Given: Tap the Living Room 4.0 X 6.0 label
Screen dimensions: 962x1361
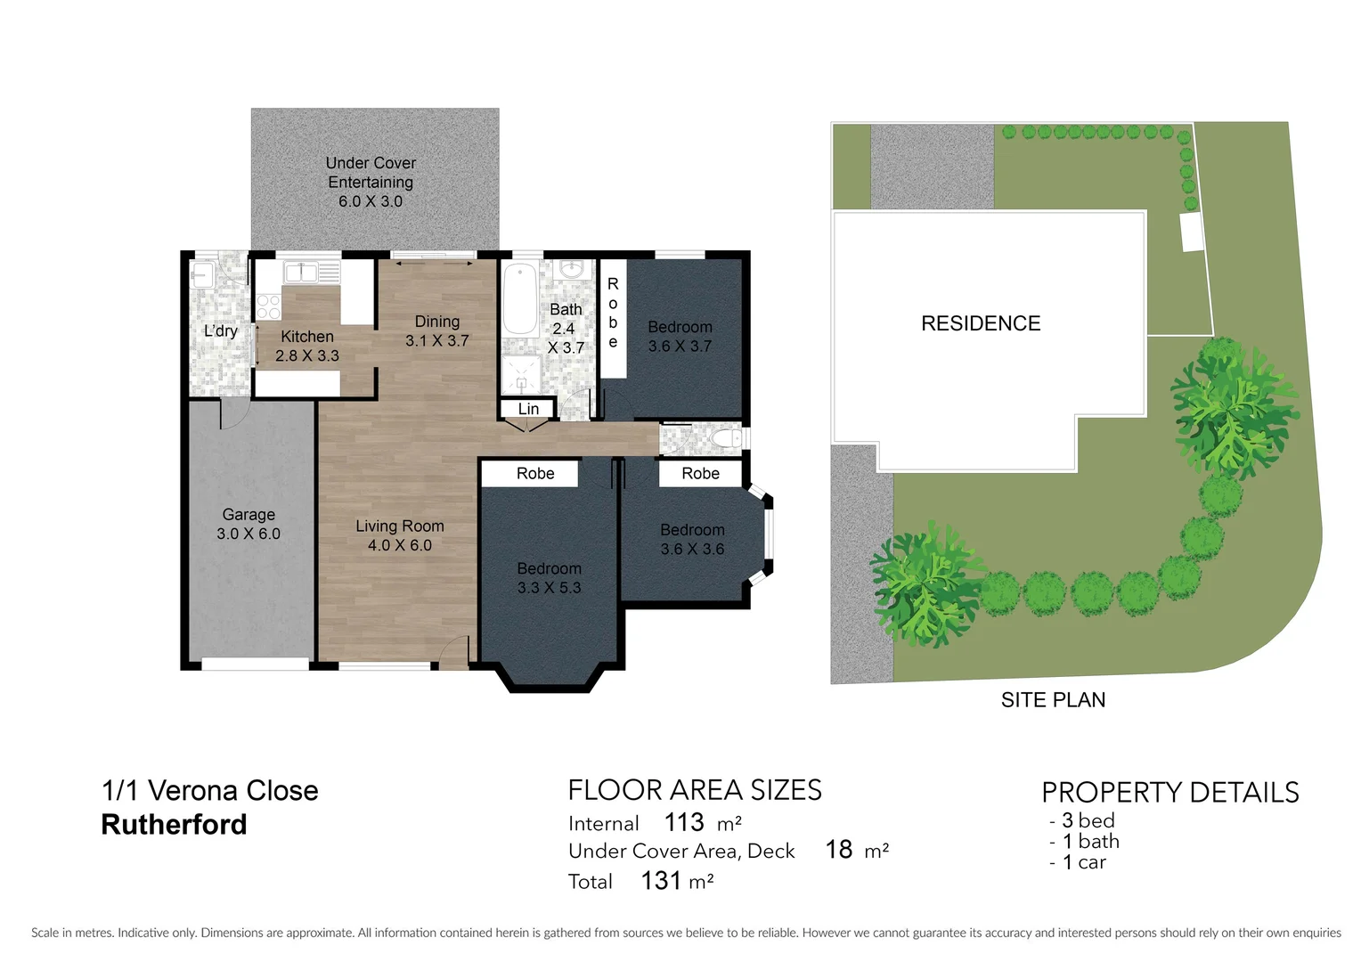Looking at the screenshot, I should pos(400,535).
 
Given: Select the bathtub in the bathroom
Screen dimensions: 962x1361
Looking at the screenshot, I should pos(520,298).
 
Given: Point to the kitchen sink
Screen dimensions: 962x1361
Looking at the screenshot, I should pos(300,272).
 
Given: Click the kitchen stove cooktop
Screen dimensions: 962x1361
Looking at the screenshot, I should pos(268,307).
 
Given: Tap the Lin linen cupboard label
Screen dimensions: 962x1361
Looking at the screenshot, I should pos(528,409).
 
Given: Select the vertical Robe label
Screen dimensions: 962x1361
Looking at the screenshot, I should pos(613,313).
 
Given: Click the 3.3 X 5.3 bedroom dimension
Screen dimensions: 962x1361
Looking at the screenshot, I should pos(549,588).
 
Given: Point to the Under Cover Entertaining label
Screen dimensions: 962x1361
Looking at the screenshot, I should pos(371,182).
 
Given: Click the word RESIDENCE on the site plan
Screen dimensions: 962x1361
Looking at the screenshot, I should pos(981,323).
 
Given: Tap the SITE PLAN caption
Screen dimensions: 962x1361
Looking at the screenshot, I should pos(1053,700).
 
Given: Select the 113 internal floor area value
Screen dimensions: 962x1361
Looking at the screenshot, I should pos(684,821).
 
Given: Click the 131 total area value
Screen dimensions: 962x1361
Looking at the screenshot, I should pos(661,880).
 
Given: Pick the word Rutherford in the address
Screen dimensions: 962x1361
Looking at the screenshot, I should pos(174,825).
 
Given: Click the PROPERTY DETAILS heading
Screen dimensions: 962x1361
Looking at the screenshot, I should pos(1169,792).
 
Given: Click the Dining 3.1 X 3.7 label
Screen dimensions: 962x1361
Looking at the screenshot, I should pos(436,330).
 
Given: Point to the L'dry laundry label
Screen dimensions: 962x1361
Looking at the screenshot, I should pos(221,331).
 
